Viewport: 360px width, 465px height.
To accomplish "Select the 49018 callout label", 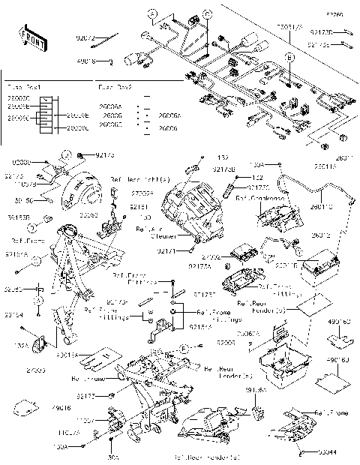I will tap(86, 61).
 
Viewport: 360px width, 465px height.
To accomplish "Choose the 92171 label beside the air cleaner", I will tap(187, 253).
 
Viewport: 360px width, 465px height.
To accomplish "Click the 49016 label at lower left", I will tap(61, 408).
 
